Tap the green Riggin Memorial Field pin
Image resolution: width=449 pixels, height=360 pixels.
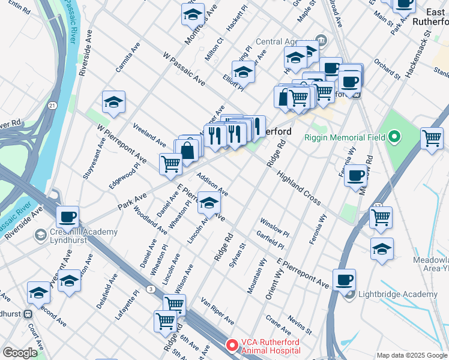point(394,137)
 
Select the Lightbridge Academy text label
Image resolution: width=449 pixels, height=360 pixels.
point(397,294)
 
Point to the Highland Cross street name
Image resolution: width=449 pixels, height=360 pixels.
point(300,187)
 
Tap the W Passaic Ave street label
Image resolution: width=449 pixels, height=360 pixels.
point(184,67)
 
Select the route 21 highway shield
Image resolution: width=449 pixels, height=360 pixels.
point(53,106)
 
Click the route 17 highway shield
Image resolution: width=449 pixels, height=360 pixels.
point(378,206)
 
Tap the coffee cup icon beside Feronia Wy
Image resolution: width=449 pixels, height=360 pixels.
point(357,175)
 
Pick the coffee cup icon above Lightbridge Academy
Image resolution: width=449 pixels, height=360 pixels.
point(344,280)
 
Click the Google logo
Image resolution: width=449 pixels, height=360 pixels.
point(20,353)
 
